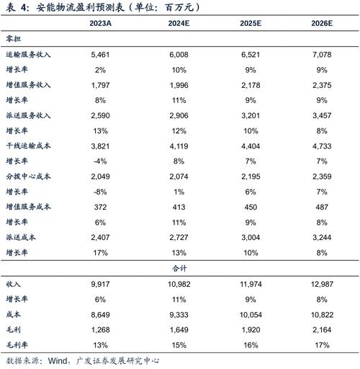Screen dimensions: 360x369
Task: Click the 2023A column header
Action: pyautogui.click(x=100, y=24)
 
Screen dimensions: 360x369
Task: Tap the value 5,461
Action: pyautogui.click(x=100, y=54)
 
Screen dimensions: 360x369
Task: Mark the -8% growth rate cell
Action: pyautogui.click(x=100, y=192)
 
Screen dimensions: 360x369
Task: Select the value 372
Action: pyautogui.click(x=100, y=207)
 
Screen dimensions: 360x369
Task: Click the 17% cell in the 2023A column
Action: pyautogui.click(x=100, y=253)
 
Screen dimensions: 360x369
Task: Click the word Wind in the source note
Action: pyautogui.click(x=60, y=360)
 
